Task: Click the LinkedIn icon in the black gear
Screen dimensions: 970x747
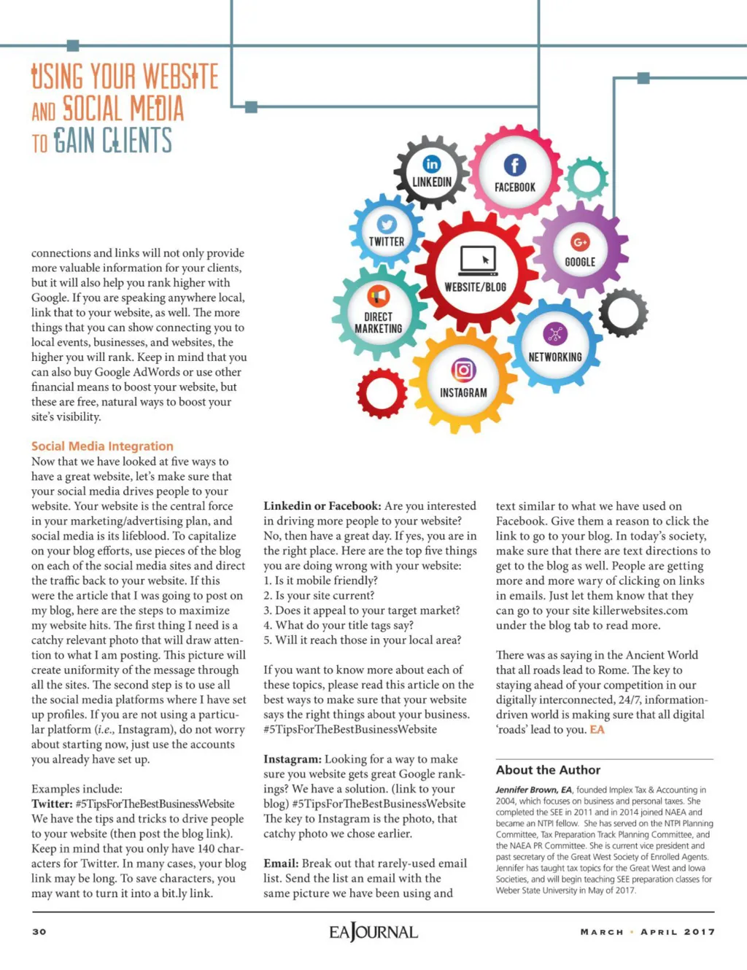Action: (432, 164)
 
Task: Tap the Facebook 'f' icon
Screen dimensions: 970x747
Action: (515, 166)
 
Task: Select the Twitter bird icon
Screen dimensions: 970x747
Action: (387, 225)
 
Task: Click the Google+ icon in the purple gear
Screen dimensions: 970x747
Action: (580, 242)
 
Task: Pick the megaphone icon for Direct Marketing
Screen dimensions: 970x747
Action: (378, 296)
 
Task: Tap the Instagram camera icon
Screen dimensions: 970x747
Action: (463, 370)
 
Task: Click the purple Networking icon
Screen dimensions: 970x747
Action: (555, 335)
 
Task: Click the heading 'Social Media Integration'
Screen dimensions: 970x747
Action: (102, 446)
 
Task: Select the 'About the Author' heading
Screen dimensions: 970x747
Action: (548, 770)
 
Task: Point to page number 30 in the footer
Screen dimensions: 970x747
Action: (39, 931)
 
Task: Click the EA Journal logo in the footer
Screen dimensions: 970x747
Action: (373, 932)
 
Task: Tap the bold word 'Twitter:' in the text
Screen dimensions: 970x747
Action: (52, 804)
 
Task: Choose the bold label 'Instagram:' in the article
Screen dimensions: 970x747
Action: (292, 759)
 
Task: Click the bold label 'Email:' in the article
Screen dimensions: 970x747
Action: (281, 864)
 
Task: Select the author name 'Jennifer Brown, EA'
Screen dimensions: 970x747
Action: (534, 790)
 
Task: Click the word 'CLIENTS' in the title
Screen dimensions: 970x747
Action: (136, 140)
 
